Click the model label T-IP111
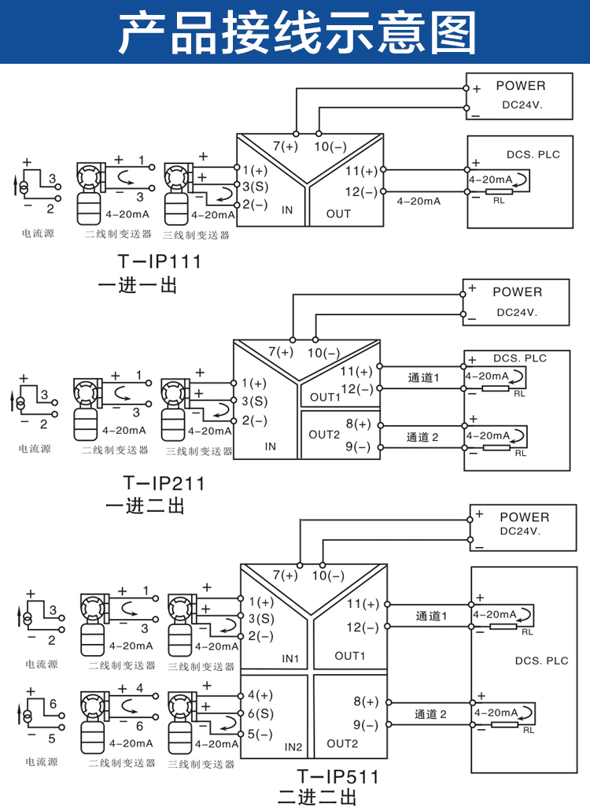click(x=159, y=261)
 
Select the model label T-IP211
click(x=164, y=483)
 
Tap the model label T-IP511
click(x=338, y=776)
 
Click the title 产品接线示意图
click(x=297, y=33)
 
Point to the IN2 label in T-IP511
click(x=293, y=747)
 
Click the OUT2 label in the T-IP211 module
click(x=324, y=435)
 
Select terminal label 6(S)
click(x=260, y=714)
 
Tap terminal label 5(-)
click(x=260, y=734)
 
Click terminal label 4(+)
click(x=260, y=694)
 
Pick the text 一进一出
click(x=138, y=285)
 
